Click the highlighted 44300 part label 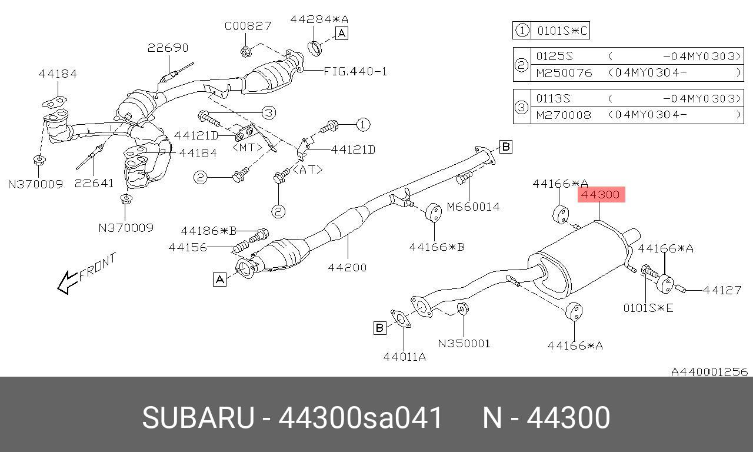click(x=601, y=194)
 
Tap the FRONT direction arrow click(x=68, y=282)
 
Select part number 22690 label click(x=168, y=48)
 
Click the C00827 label click(x=248, y=26)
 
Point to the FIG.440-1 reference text click(x=355, y=71)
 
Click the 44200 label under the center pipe click(x=347, y=267)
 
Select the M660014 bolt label click(x=474, y=207)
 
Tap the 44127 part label click(x=722, y=290)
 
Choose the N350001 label click(x=464, y=343)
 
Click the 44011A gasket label click(x=404, y=357)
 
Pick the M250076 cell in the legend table click(x=564, y=73)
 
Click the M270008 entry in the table click(x=564, y=115)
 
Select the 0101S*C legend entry click(x=562, y=31)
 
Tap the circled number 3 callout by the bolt click(x=269, y=112)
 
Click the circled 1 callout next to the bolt click(x=362, y=125)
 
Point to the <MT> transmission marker click(x=248, y=147)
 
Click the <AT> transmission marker click(x=308, y=170)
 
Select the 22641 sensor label click(x=94, y=183)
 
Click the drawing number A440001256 click(x=709, y=372)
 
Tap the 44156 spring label click(x=188, y=248)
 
